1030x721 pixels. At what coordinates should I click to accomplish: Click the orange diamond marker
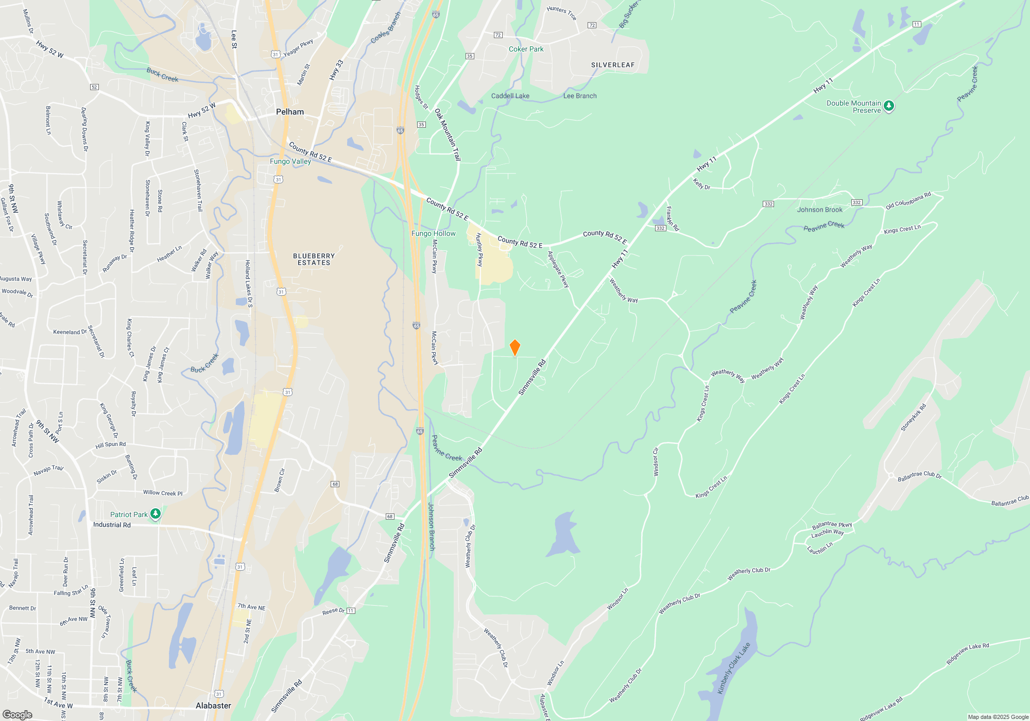click(x=514, y=348)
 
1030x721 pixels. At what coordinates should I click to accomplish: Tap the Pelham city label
click(x=290, y=112)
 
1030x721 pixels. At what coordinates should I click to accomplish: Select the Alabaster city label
click(x=213, y=706)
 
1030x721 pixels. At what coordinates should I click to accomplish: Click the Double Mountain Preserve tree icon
click(x=889, y=106)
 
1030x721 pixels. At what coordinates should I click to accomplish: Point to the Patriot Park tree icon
click(x=155, y=514)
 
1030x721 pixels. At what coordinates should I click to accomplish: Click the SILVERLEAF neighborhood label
click(x=613, y=65)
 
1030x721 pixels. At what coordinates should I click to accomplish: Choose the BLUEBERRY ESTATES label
click(x=314, y=259)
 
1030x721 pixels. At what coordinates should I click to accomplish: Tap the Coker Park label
click(x=526, y=49)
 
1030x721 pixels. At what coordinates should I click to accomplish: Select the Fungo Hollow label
click(x=433, y=233)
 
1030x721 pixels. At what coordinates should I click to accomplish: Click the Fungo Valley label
click(x=290, y=161)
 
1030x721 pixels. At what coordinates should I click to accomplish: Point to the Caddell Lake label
click(x=510, y=96)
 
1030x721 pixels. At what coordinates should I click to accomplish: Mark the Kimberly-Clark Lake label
click(x=734, y=668)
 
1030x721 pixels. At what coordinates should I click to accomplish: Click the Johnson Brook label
click(x=819, y=210)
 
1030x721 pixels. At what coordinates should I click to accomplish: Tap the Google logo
click(x=18, y=714)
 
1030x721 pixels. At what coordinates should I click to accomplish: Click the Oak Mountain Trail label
click(x=448, y=134)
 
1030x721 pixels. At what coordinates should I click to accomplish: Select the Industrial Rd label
click(x=112, y=525)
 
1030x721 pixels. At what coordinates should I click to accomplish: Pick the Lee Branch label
click(x=580, y=96)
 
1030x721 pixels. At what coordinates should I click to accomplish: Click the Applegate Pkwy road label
click(x=558, y=269)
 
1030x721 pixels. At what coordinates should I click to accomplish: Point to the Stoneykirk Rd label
click(x=913, y=418)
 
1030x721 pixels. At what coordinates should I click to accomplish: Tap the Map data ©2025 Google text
click(x=998, y=717)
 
